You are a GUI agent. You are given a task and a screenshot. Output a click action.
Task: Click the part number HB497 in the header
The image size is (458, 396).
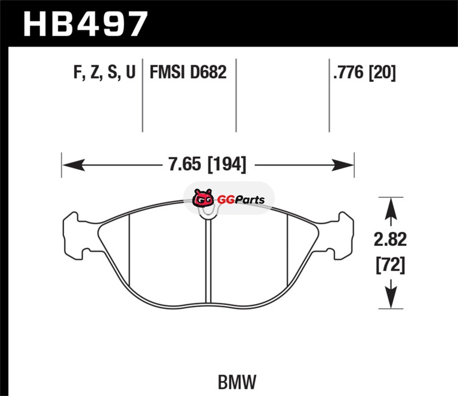(x=85, y=24)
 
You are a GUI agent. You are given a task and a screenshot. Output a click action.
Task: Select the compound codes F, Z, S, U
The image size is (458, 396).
(x=105, y=72)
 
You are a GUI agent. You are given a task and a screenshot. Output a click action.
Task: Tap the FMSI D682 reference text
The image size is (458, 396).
(x=188, y=72)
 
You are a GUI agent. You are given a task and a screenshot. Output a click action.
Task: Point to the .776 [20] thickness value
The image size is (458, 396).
(x=364, y=72)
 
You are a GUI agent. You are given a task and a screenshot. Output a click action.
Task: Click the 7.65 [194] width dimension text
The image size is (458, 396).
(x=207, y=164)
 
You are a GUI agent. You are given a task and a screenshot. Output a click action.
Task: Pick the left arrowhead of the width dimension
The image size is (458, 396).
(x=74, y=165)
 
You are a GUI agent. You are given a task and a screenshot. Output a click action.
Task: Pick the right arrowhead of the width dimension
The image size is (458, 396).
(x=342, y=165)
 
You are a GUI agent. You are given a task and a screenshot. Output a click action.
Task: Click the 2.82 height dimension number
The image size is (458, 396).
(x=390, y=240)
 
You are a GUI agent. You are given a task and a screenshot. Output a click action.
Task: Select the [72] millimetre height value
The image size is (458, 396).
(x=390, y=265)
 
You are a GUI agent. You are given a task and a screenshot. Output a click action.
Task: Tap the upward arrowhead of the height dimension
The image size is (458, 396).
(x=391, y=209)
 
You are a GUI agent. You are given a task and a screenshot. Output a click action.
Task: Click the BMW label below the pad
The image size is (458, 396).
(x=237, y=382)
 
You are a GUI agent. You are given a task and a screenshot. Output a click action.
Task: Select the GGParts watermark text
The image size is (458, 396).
(x=241, y=200)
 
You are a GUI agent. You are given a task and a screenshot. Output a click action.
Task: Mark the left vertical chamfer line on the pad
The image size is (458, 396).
(x=129, y=249)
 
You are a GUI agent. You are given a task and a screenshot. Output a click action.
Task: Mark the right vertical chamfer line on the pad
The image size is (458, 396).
(x=287, y=249)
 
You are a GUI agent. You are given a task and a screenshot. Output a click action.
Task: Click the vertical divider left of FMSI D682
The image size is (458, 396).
(x=143, y=95)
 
